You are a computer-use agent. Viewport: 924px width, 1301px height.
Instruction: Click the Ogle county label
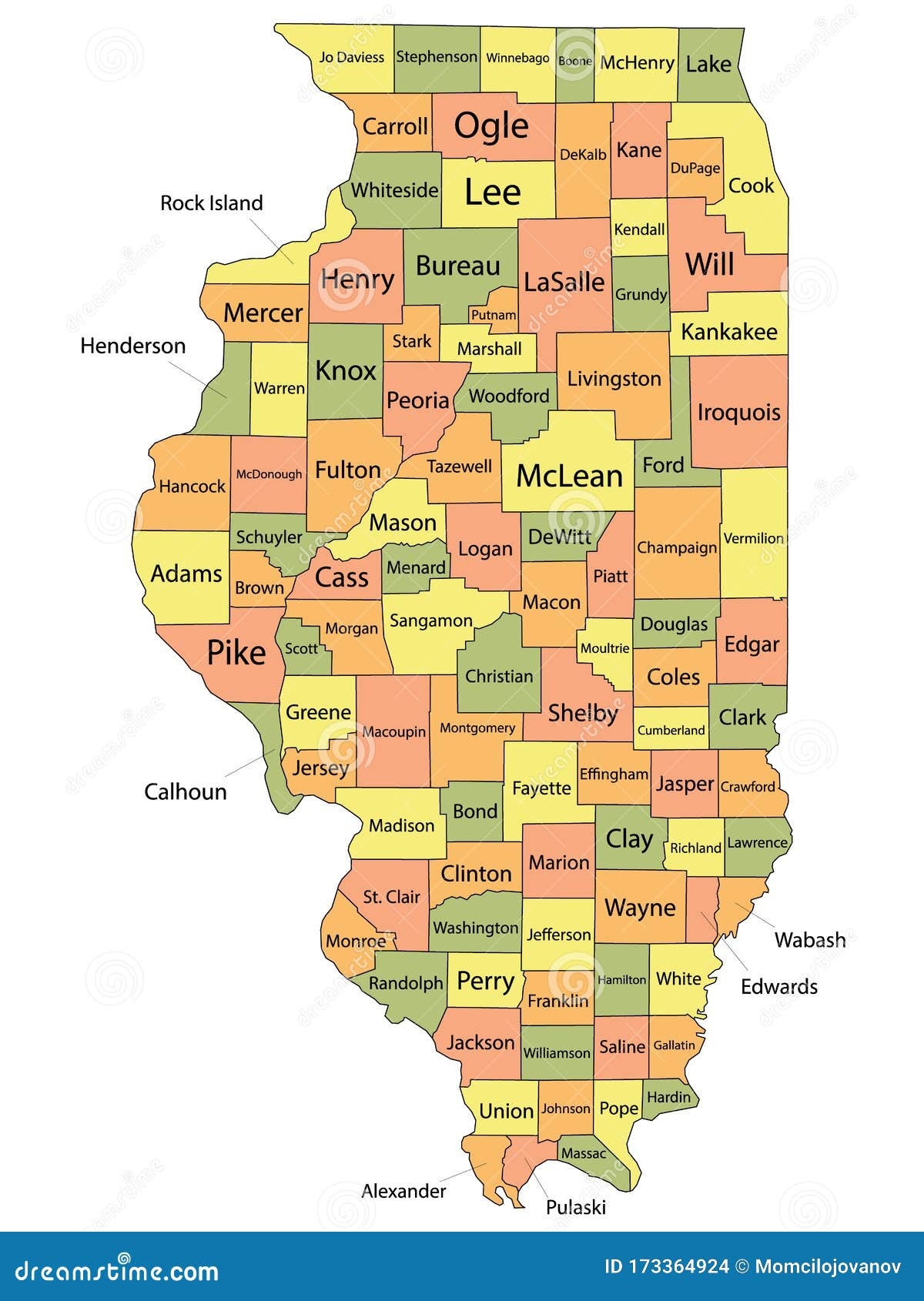click(x=491, y=125)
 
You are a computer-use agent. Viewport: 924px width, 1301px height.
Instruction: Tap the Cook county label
click(x=751, y=186)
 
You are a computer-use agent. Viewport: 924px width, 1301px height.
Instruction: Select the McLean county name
click(x=569, y=476)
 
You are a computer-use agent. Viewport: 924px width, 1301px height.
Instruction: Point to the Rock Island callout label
click(x=211, y=203)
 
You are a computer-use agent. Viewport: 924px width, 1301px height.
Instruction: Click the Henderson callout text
click(x=132, y=346)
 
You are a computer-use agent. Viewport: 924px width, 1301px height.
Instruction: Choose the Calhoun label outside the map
click(x=186, y=791)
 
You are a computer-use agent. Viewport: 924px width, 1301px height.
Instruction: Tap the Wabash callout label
click(x=810, y=939)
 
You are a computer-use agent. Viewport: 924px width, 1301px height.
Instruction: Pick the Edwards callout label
click(x=778, y=986)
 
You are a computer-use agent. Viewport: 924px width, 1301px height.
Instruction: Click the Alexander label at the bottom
click(x=403, y=1191)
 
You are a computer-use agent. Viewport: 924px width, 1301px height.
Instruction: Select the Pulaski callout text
click(x=576, y=1207)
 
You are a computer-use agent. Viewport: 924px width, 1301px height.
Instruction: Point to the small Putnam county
click(x=494, y=315)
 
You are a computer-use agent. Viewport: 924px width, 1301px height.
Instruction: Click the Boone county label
click(x=575, y=61)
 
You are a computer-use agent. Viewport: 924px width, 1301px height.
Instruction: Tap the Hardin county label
click(x=669, y=1096)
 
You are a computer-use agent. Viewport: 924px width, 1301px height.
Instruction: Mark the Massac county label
click(x=584, y=1153)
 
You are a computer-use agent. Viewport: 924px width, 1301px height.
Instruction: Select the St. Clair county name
click(x=392, y=897)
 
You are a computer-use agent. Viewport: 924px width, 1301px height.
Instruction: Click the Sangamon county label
click(x=431, y=620)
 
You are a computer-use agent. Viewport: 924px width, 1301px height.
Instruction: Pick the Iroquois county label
click(x=738, y=412)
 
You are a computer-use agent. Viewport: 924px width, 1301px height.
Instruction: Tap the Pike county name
click(x=236, y=653)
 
